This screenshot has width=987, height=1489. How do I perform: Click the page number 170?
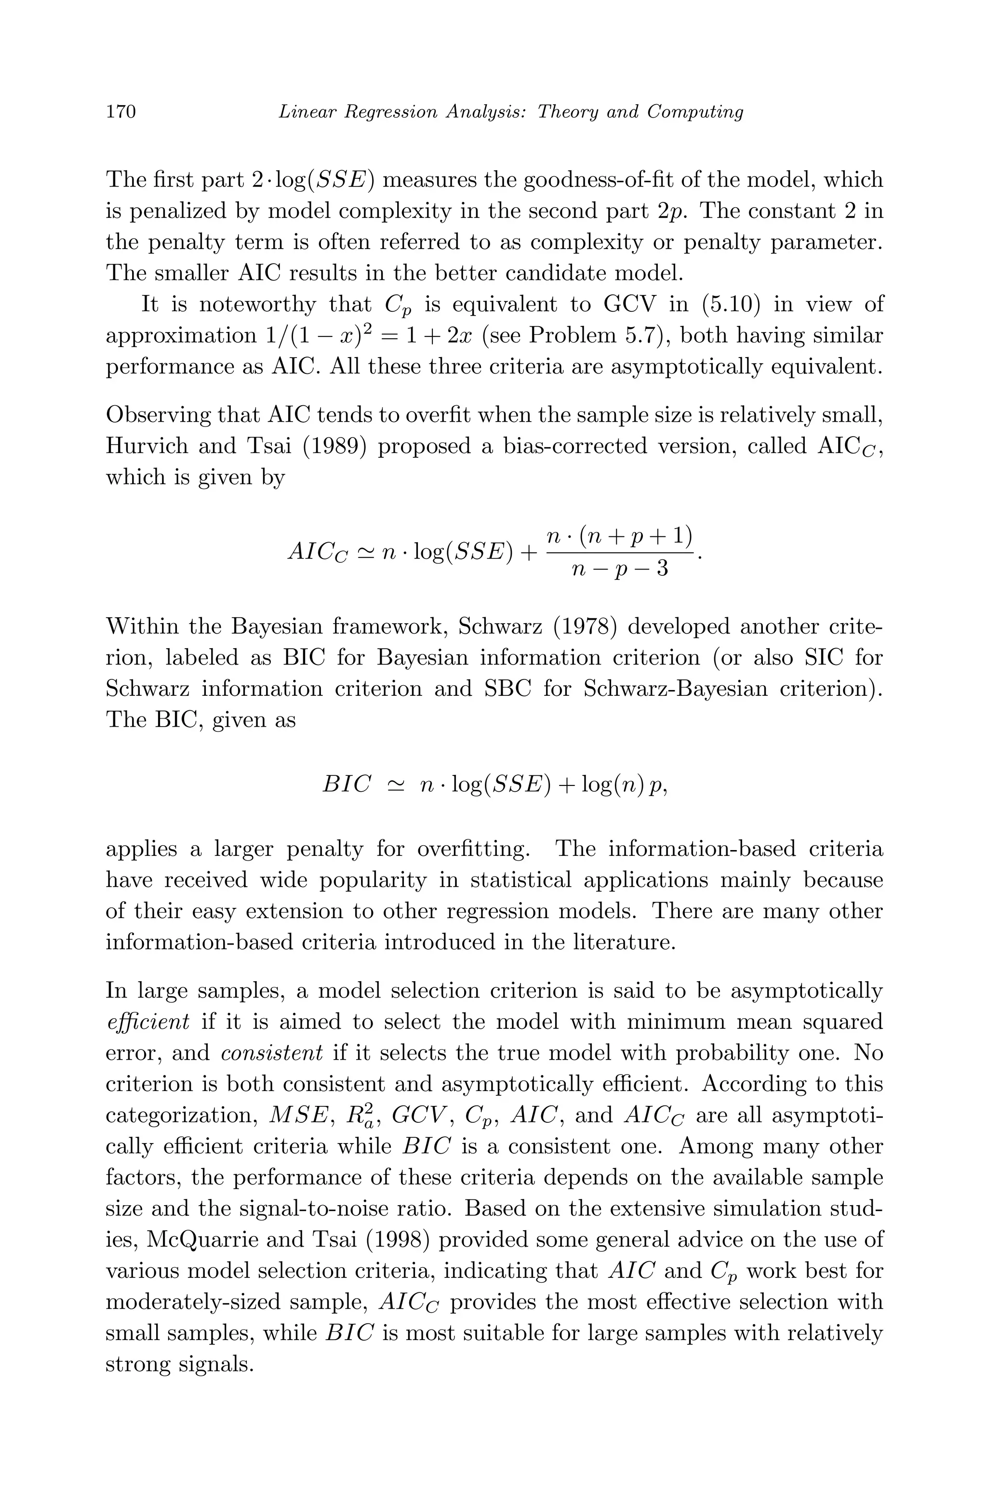point(121,112)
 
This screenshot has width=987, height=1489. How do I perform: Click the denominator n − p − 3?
point(620,570)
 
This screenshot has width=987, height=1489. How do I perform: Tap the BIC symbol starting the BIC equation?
point(346,785)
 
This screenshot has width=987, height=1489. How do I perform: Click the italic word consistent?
point(273,1052)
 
